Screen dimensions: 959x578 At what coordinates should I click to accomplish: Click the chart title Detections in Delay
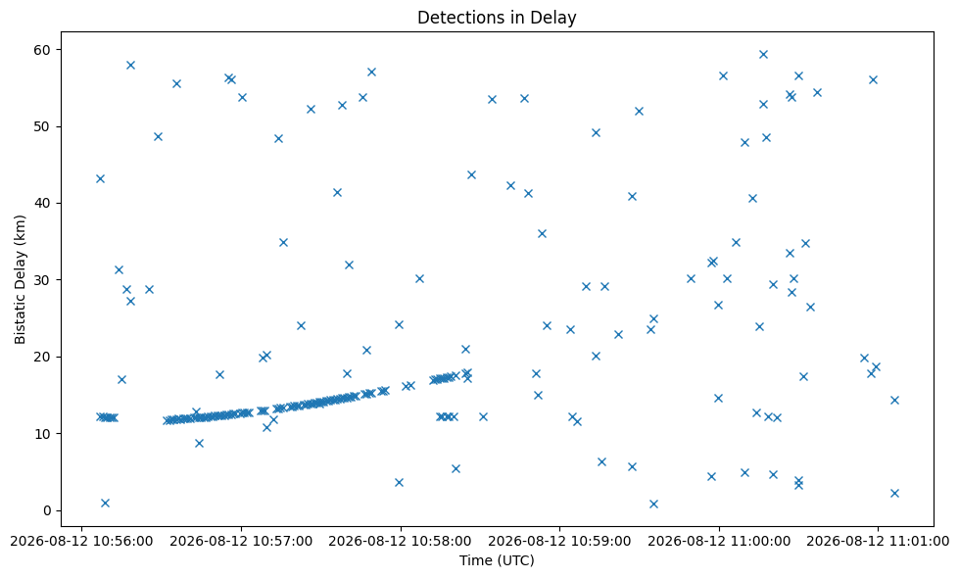[x=497, y=17]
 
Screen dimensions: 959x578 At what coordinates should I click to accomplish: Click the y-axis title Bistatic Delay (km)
[x=21, y=279]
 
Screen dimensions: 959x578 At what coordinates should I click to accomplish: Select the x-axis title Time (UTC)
[x=497, y=560]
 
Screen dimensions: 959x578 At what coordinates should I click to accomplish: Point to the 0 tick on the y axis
[x=48, y=510]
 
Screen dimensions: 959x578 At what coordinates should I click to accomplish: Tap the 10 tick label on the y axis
[x=44, y=434]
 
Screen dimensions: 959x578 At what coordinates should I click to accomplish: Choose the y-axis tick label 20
[x=44, y=357]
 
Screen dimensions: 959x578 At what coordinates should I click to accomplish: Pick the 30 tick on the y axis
[x=44, y=280]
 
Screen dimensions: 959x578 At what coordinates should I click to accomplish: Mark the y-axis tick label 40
[x=44, y=203]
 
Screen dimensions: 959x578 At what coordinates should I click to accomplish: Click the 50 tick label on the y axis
[x=44, y=126]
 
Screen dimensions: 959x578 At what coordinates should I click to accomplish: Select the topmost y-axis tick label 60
[x=44, y=50]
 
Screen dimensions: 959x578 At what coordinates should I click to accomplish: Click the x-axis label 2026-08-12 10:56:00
[x=82, y=542]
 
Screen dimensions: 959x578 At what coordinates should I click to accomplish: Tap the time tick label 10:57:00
[x=241, y=542]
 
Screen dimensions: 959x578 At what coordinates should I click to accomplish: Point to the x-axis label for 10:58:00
[x=401, y=542]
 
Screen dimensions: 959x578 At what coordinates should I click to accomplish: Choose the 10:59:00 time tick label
[x=559, y=542]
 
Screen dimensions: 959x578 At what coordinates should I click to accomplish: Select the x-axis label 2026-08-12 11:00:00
[x=719, y=542]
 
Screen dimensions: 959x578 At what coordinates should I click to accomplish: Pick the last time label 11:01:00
[x=879, y=542]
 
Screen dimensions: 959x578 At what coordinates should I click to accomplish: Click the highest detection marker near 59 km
[x=763, y=55]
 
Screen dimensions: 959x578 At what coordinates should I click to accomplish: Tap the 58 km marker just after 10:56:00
[x=130, y=65]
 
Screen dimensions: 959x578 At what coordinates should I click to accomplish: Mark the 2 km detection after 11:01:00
[x=894, y=493]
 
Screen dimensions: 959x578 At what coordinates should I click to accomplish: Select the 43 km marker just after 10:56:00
[x=100, y=178]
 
